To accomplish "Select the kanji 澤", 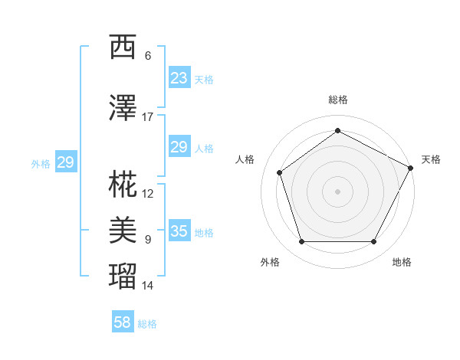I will pos(124,109).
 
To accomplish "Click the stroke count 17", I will pos(147,116).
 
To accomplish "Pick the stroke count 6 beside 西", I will pos(148,55).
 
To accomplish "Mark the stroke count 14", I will pos(147,286).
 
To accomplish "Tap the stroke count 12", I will pos(147,193).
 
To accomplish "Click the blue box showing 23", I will pos(179,77).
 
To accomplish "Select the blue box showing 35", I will pos(179,231).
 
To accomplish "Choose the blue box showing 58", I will pos(123,322).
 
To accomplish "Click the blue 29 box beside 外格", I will pos(65,162).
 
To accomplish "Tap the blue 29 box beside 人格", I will pos(179,147).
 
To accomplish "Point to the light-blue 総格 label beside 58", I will pos(147,324).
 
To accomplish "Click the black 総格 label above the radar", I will pos(337,100).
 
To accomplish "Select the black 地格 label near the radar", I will pos(402,262).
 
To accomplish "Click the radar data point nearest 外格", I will pos(301,242).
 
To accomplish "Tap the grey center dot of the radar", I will pos(337,191).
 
